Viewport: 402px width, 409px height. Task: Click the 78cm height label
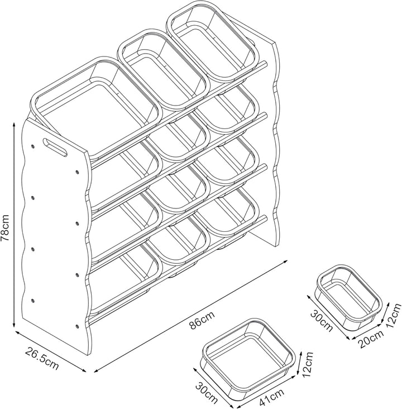5,228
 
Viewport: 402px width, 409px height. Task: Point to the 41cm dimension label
272,396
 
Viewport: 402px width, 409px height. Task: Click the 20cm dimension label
371,339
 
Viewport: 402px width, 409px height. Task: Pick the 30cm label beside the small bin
322,321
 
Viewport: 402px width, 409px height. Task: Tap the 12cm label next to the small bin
394,316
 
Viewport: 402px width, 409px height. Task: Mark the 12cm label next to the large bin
307,365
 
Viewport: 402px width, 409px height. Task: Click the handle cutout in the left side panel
55,148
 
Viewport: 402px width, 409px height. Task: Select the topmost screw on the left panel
33,146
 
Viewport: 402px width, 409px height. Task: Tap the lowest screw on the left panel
77,326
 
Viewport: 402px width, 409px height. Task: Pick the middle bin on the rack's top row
163,70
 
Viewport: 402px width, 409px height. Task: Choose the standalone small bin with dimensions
350,297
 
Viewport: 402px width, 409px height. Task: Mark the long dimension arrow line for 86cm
190,316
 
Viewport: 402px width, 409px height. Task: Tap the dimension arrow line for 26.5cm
51,351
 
